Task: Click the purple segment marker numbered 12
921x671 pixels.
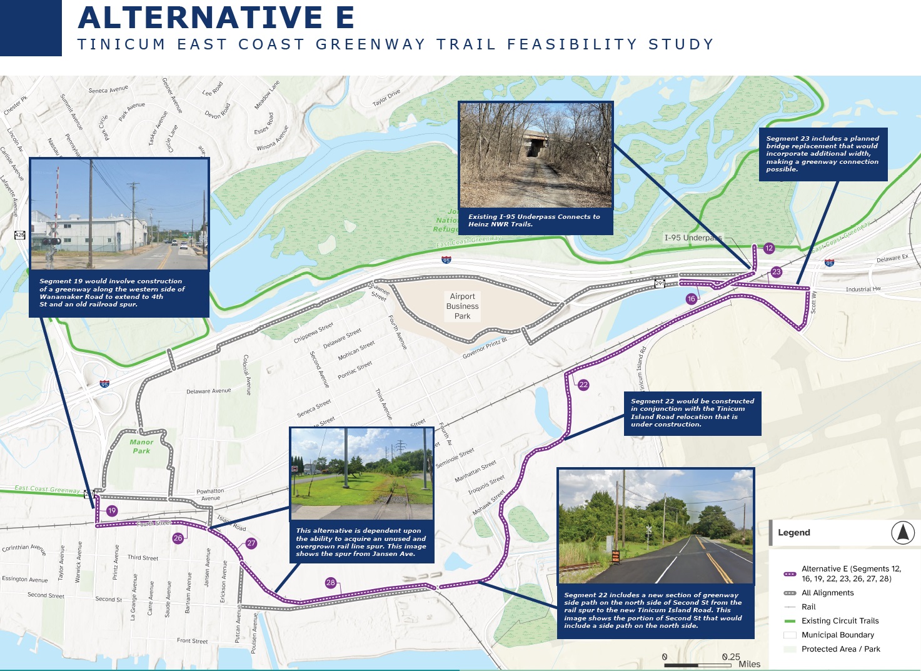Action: pyautogui.click(x=769, y=248)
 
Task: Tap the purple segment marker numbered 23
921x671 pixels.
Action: pyautogui.click(x=777, y=271)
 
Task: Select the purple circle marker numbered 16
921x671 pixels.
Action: pyautogui.click(x=691, y=299)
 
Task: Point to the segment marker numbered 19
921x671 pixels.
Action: pyautogui.click(x=112, y=511)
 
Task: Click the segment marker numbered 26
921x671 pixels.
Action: pyautogui.click(x=178, y=538)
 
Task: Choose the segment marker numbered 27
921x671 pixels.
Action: pyautogui.click(x=251, y=543)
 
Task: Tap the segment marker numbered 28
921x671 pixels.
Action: pyautogui.click(x=331, y=583)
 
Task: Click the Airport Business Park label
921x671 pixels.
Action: pyautogui.click(x=462, y=306)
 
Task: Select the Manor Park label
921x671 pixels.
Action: pyautogui.click(x=141, y=446)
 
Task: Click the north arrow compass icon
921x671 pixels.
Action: pyautogui.click(x=902, y=533)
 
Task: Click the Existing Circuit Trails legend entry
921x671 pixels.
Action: pyautogui.click(x=840, y=621)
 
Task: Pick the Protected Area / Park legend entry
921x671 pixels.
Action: pyautogui.click(x=840, y=649)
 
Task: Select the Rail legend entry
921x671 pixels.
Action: pyautogui.click(x=808, y=607)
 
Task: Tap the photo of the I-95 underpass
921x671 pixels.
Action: pyautogui.click(x=536, y=155)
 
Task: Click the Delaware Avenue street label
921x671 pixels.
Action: pyautogui.click(x=208, y=391)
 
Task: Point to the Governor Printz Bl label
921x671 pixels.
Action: pyautogui.click(x=485, y=348)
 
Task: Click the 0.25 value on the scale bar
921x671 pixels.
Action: pyautogui.click(x=731, y=657)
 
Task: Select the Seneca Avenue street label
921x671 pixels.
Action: pyautogui.click(x=108, y=90)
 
